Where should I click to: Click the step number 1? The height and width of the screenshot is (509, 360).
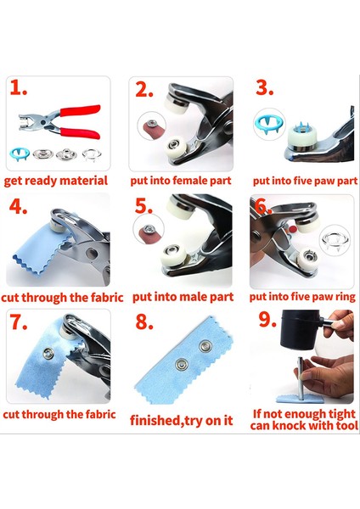[18, 87]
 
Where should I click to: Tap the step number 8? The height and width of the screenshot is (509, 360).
[144, 322]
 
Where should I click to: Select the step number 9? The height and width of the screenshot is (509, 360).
[267, 319]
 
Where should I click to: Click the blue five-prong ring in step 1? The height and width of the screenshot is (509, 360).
[20, 154]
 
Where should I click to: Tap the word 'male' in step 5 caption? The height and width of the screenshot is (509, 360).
[194, 297]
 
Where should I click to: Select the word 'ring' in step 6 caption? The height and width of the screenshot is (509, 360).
[345, 298]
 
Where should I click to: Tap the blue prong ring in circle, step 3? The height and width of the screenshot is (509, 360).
[268, 125]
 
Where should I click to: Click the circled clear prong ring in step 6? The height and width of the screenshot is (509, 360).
[335, 240]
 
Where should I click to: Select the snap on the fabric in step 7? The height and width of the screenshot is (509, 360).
[48, 354]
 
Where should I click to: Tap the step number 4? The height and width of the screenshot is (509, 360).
[18, 206]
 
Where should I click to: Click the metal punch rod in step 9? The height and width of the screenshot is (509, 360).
[301, 378]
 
